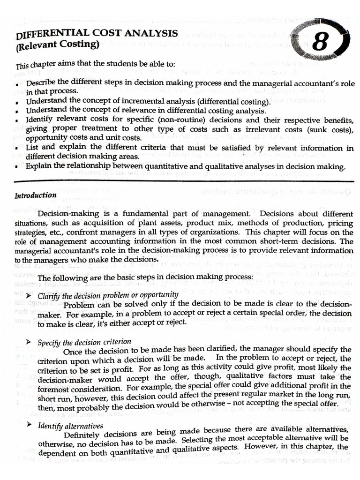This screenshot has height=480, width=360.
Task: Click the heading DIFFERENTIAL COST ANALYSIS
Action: (97, 34)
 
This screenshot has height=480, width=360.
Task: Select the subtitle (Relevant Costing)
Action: (58, 46)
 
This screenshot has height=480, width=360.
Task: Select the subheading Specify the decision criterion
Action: (84, 342)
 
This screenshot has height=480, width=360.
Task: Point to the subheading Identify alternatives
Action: (70, 426)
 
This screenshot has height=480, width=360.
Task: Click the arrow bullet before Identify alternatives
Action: (29, 425)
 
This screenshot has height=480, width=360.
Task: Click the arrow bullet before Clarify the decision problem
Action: (29, 296)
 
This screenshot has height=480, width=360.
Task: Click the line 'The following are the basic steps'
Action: (145, 278)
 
